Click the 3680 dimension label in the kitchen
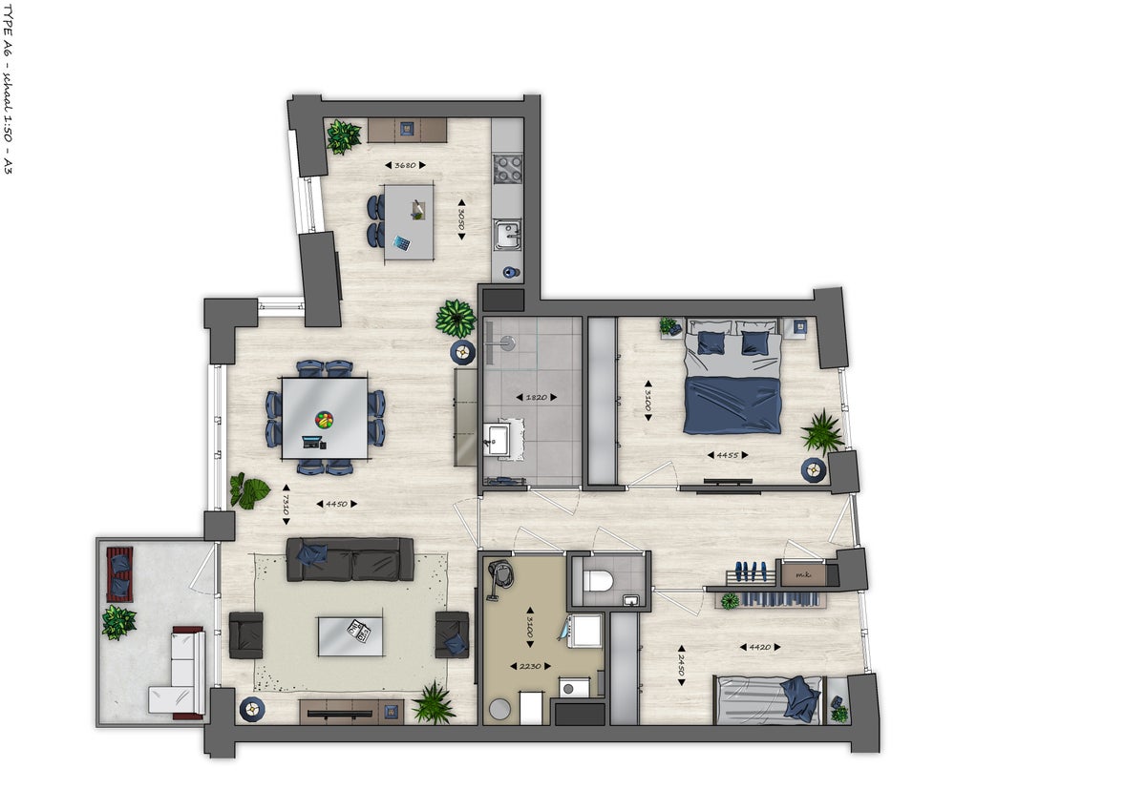406,165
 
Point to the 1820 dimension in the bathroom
534,397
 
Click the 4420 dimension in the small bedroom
761,648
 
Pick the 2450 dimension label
681,663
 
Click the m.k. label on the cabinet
796,574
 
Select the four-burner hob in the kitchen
507,170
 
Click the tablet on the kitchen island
402,242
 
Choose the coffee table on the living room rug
350,635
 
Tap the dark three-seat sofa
350,559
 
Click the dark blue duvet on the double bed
732,405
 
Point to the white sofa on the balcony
179,672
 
